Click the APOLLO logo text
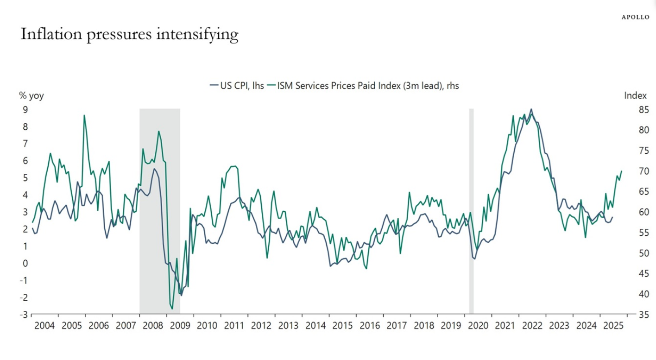tap(636, 17)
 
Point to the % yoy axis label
tap(32, 96)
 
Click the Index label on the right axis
tap(635, 96)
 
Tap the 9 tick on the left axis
tap(25, 110)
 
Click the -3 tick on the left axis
tap(23, 315)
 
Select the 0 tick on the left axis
tap(25, 263)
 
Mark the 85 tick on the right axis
tap(643, 110)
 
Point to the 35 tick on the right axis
tap(643, 315)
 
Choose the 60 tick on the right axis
tap(643, 212)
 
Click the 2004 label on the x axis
tap(44, 325)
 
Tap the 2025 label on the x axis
tap(613, 325)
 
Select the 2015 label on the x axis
tap(342, 325)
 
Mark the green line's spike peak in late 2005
tap(84, 115)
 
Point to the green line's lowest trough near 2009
tap(172, 309)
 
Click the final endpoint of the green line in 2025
tap(621, 171)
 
